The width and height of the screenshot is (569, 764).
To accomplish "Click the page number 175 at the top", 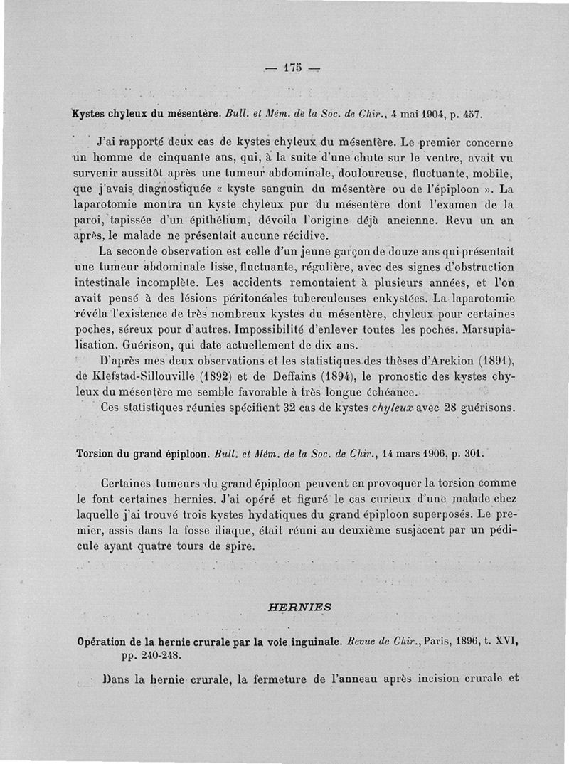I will pyautogui.click(x=292, y=68).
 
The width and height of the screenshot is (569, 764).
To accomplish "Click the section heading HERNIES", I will pyautogui.click(x=299, y=607).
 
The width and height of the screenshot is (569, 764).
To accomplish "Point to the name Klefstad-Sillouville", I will pyautogui.click(x=144, y=377).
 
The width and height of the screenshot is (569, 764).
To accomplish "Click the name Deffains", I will pyautogui.click(x=255, y=377).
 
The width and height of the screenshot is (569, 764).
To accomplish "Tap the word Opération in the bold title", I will pyautogui.click(x=105, y=642).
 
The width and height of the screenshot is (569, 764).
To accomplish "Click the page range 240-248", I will pyautogui.click(x=157, y=655).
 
